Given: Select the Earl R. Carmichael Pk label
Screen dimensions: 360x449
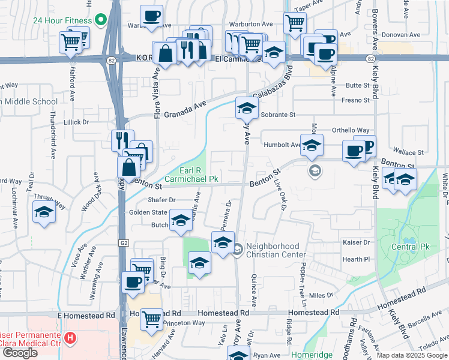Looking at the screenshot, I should point(196,174).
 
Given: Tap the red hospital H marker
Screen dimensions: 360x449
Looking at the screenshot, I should point(71,338).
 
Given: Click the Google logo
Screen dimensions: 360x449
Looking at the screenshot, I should point(20,352).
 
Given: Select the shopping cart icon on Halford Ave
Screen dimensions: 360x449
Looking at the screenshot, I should point(71,42).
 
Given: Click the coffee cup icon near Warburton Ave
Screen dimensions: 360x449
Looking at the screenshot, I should point(152,16).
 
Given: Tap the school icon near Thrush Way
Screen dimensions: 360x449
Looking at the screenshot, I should point(44,213).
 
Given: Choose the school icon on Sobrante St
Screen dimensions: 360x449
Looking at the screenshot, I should point(246,109).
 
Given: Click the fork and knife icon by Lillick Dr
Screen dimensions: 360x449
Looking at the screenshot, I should point(122,140).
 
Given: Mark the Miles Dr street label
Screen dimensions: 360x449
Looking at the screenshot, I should point(321,295).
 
